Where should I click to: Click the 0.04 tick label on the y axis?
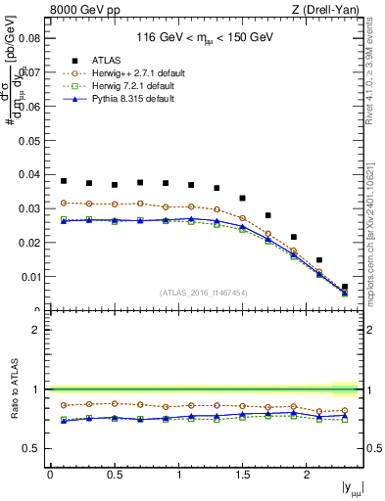(x=29, y=175)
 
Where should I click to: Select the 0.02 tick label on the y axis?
(x=29, y=243)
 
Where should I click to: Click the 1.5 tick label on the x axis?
(x=242, y=475)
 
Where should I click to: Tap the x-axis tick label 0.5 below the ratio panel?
(x=114, y=475)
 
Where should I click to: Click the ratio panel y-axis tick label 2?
(x=35, y=330)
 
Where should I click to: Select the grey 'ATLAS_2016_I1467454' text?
(x=205, y=292)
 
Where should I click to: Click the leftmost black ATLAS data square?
(x=64, y=181)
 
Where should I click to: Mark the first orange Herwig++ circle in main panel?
(x=64, y=203)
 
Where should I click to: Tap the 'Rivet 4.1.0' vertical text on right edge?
(x=376, y=68)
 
